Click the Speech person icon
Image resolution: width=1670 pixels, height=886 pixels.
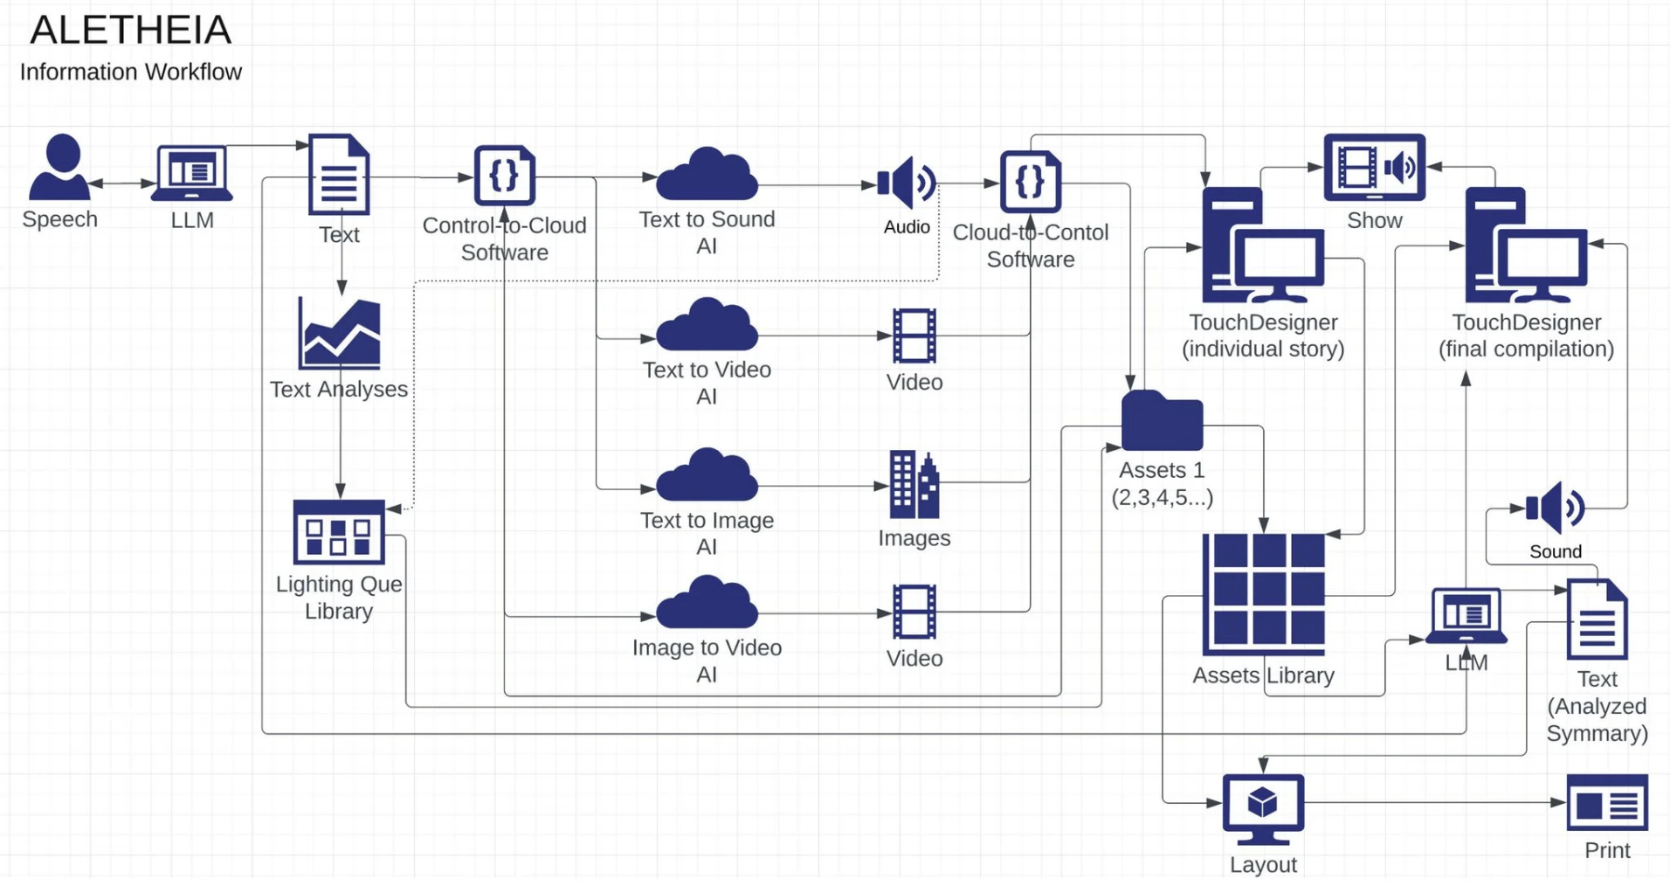click(x=59, y=167)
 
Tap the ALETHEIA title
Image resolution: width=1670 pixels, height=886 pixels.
click(x=131, y=31)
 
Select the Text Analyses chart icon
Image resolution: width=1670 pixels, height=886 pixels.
click(x=339, y=334)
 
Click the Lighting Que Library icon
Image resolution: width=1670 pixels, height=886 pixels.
click(x=339, y=531)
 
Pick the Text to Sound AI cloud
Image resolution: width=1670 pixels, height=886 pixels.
click(x=707, y=175)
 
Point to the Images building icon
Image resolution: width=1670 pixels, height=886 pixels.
click(x=914, y=484)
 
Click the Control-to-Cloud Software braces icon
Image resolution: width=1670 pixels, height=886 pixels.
click(x=505, y=176)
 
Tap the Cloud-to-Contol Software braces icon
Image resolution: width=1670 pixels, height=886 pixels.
click(x=1031, y=182)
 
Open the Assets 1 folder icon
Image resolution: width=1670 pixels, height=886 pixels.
click(x=1162, y=421)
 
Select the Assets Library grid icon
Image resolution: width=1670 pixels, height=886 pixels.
click(x=1264, y=594)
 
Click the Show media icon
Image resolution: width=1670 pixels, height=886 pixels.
click(x=1374, y=167)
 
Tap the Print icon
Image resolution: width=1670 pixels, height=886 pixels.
click(x=1607, y=802)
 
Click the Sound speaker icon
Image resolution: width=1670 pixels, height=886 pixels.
click(x=1555, y=507)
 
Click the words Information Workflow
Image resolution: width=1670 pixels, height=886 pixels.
click(x=131, y=72)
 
